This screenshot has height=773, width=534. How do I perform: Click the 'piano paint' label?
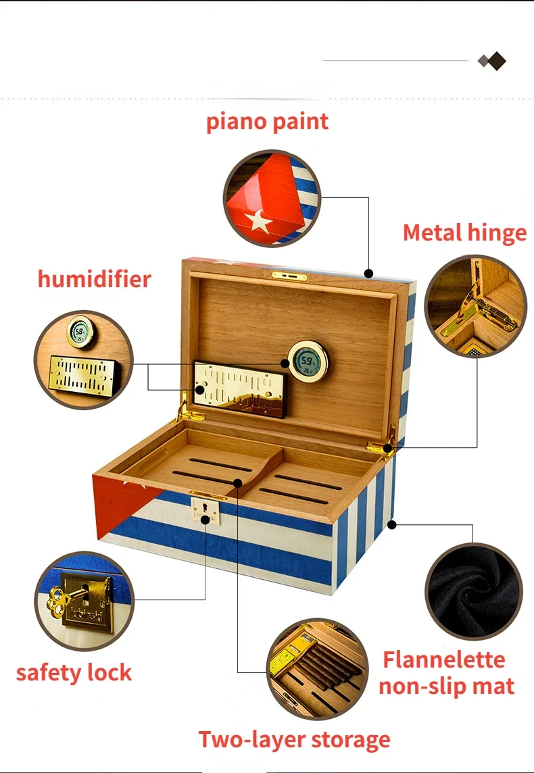(x=267, y=122)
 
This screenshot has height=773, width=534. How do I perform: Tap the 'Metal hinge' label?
(x=464, y=232)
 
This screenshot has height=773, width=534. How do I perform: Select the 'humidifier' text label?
(x=94, y=278)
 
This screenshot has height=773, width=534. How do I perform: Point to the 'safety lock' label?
(x=74, y=672)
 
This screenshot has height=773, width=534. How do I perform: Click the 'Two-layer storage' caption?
(x=294, y=739)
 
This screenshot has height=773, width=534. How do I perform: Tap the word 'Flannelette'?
(x=443, y=659)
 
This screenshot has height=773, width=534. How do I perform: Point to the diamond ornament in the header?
(x=493, y=61)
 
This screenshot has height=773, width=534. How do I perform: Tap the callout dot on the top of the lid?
(x=368, y=274)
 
